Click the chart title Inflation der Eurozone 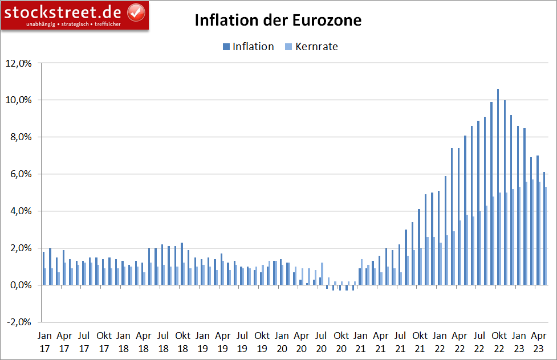pos(278,21)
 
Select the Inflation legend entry pos(253,47)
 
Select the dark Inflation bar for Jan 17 pos(43,268)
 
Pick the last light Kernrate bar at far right pos(546,236)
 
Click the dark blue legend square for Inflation pos(226,47)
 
